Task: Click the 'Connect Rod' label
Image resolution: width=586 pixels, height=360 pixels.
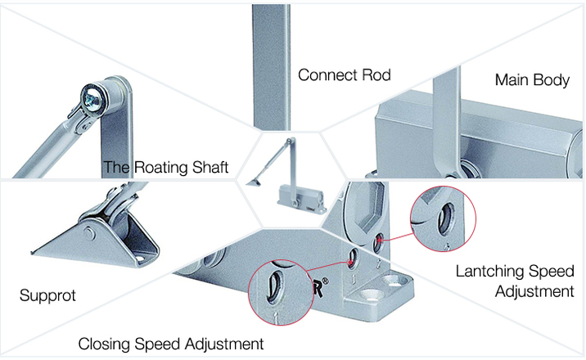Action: tap(345, 75)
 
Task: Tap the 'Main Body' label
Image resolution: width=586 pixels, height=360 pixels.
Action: tap(532, 80)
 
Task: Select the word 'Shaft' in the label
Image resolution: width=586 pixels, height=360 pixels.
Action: tap(207, 169)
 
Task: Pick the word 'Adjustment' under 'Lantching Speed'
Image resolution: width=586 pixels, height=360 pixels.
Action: tap(533, 290)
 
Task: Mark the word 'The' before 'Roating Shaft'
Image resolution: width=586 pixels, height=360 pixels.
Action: tap(115, 169)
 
